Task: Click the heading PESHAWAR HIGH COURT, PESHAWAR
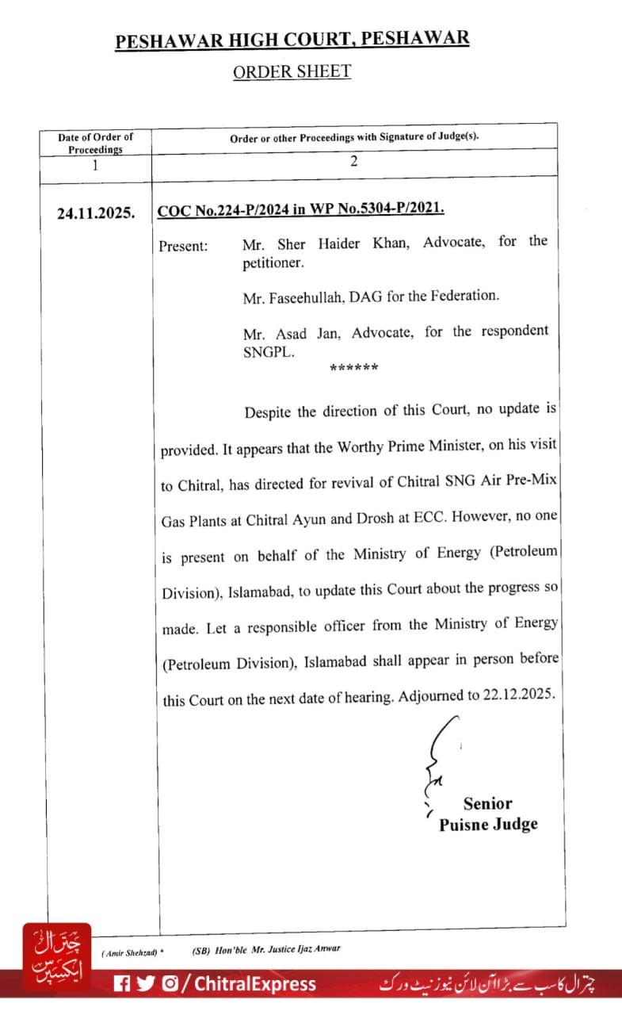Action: coord(292,40)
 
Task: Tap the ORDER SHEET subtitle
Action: coord(292,71)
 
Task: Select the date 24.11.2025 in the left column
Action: coord(96,213)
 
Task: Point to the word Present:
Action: coord(184,246)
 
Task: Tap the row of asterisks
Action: coord(353,368)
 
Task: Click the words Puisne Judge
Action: coord(488,825)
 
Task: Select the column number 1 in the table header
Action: coord(95,166)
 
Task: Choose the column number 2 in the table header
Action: coord(354,161)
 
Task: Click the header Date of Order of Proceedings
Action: coord(96,143)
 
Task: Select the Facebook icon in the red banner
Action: coord(122,984)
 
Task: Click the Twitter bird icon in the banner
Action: coord(146,984)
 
